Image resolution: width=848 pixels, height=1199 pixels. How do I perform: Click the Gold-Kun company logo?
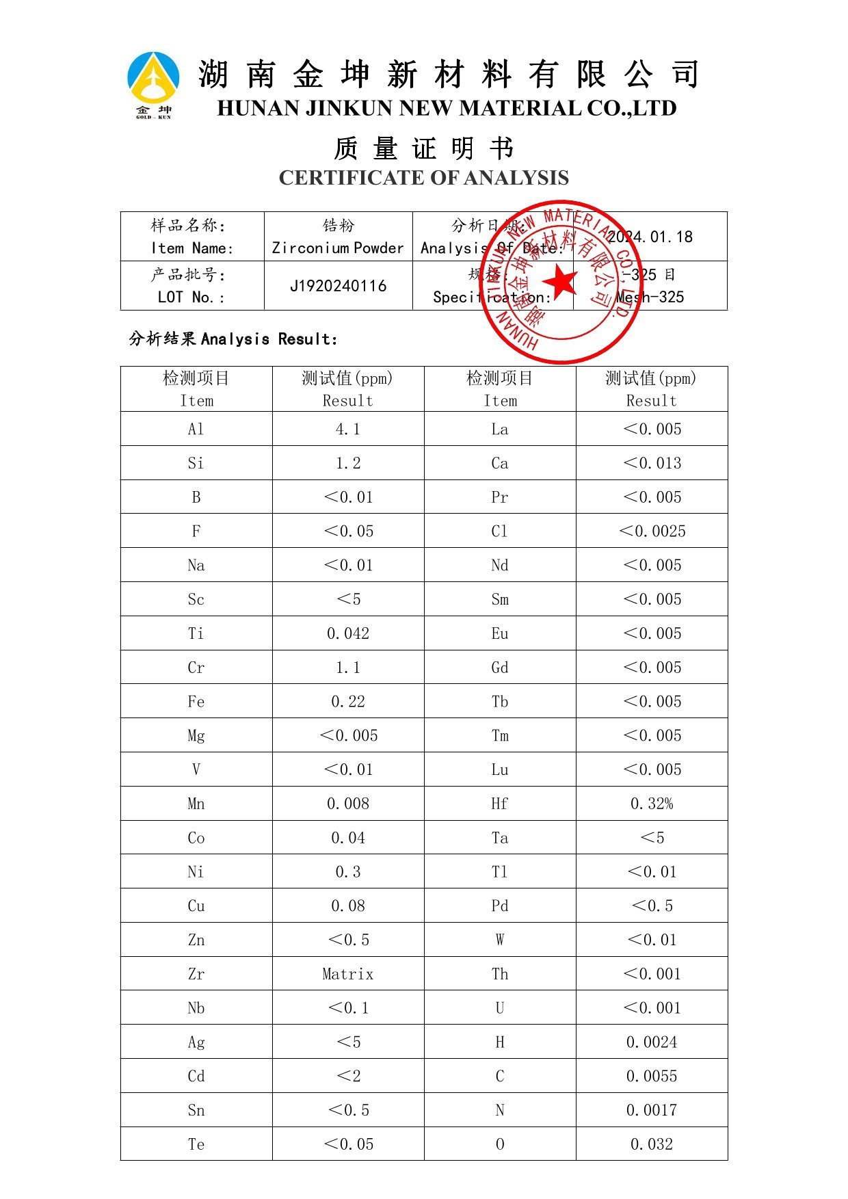(x=154, y=84)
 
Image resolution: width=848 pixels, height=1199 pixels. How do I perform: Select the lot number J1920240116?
(x=338, y=286)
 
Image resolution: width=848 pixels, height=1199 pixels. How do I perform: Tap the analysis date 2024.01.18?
(x=650, y=237)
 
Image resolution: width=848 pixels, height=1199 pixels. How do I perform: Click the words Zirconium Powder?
(x=338, y=248)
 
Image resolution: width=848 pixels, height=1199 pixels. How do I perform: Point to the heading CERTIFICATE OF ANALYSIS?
(x=423, y=178)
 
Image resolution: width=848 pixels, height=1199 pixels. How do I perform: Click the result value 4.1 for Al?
(x=347, y=430)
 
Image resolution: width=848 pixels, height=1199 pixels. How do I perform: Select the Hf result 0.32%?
(x=651, y=804)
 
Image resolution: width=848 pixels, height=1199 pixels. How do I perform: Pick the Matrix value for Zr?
(x=347, y=974)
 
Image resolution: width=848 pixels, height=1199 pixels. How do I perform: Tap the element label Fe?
(x=196, y=702)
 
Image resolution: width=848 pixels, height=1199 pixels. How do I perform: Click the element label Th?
(x=500, y=974)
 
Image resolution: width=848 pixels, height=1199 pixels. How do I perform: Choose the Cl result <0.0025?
(x=651, y=531)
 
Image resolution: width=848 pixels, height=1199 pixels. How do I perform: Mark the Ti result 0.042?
(x=347, y=634)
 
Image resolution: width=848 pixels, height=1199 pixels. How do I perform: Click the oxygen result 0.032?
(x=651, y=1144)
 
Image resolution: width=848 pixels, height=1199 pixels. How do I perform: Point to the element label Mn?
(x=196, y=804)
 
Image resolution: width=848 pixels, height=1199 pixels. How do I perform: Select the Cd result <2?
(x=347, y=1077)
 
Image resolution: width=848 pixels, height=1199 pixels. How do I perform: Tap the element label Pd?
(x=500, y=906)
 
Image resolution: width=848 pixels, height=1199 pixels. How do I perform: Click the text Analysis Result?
(x=269, y=339)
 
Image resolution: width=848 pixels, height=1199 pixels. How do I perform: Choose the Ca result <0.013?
(x=651, y=464)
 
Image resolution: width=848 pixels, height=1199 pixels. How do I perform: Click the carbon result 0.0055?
(x=651, y=1077)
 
